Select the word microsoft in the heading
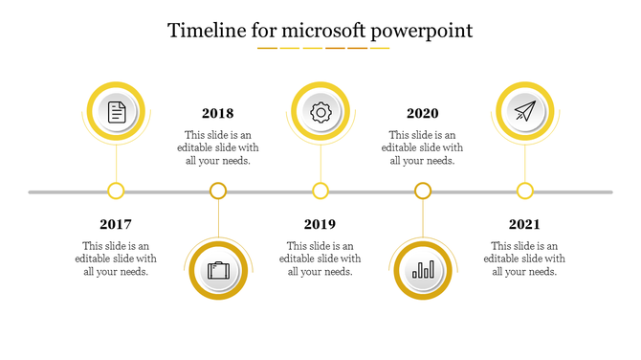311,31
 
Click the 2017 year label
116,224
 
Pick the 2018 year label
217,113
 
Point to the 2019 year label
320,224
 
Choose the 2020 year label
422,113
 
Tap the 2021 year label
524,224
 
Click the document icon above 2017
116,112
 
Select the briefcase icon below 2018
218,271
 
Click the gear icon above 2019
320,112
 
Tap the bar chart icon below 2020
422,271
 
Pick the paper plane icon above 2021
524,112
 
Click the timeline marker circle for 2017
116,191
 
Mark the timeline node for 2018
218,191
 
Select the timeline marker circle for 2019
320,191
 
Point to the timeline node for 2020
423,191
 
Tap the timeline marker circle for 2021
524,191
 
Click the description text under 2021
524,259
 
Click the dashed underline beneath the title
323,48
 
